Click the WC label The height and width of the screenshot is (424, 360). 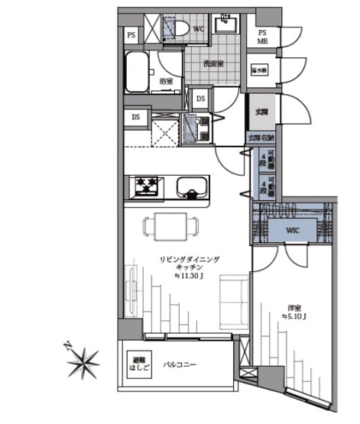pyautogui.click(x=197, y=30)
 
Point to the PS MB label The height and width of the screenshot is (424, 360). pyautogui.click(x=262, y=37)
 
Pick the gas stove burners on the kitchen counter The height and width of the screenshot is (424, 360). pyautogui.click(x=146, y=186)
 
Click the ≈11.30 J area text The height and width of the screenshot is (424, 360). pyautogui.click(x=188, y=277)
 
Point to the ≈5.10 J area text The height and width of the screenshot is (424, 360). pyautogui.click(x=294, y=316)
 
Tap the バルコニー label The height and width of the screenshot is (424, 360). pyautogui.click(x=180, y=364)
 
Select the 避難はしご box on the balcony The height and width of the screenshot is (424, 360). pyautogui.click(x=138, y=361)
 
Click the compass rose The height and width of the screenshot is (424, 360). pyautogui.click(x=82, y=361)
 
